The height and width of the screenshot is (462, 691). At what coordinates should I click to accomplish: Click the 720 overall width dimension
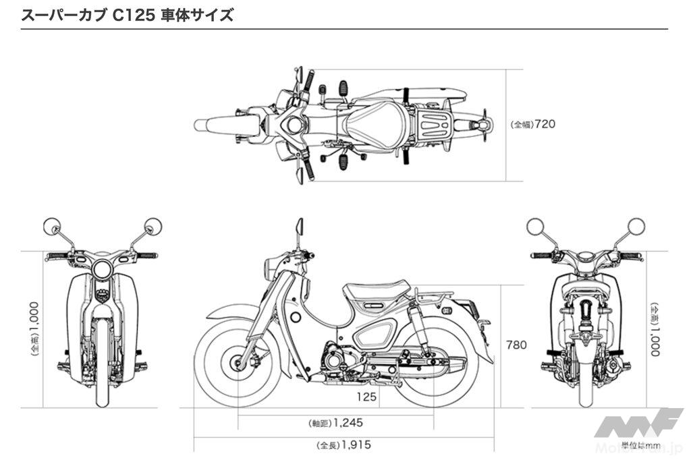[545, 125]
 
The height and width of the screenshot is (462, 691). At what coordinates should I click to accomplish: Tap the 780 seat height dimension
[516, 345]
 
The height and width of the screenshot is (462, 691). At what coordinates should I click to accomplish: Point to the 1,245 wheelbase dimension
[348, 424]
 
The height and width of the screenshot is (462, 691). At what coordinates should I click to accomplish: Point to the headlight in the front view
[103, 270]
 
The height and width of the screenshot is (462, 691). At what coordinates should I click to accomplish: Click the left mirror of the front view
[53, 227]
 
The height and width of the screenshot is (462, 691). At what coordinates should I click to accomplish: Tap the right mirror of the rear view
[635, 227]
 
